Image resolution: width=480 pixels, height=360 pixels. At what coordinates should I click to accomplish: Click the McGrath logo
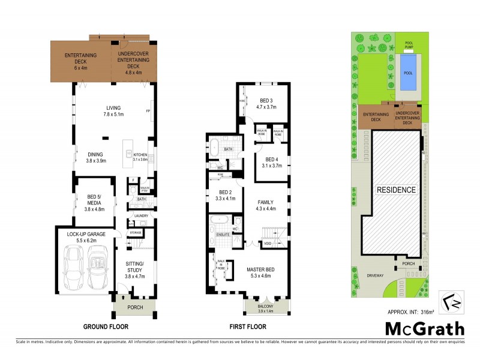click(x=424, y=329)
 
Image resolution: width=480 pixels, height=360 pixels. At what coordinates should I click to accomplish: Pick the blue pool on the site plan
click(x=409, y=73)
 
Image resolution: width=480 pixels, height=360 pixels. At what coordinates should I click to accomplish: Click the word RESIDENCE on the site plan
click(x=396, y=190)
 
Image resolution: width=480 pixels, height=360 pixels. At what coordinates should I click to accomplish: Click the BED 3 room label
click(x=266, y=104)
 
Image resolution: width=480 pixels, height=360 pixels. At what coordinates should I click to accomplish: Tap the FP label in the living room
click(x=148, y=112)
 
